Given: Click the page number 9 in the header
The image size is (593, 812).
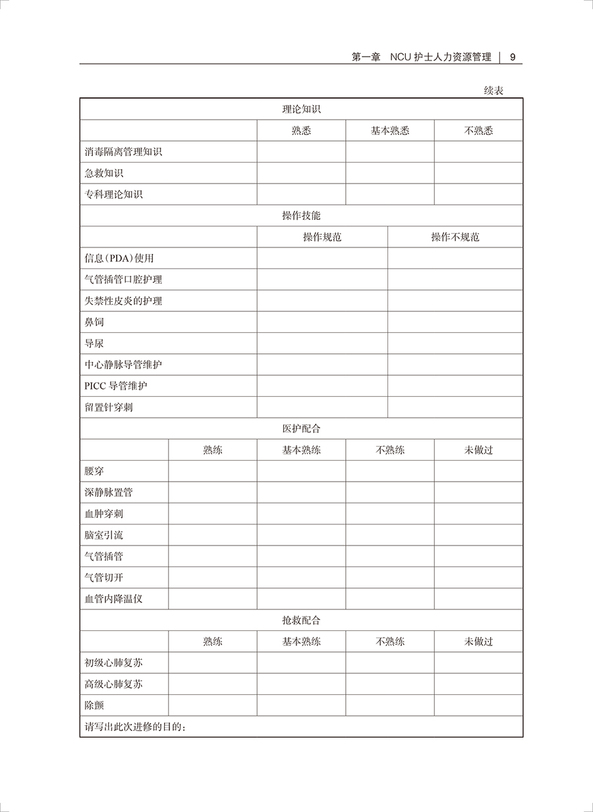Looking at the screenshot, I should [x=513, y=57].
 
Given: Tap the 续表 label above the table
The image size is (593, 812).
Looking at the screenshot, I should [x=494, y=91].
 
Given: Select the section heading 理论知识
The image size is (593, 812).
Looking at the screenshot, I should [x=301, y=109].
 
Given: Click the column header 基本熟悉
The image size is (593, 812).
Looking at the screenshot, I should [x=390, y=130].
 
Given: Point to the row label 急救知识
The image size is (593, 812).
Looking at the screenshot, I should [x=104, y=173].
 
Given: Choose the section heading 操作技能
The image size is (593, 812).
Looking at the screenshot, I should [x=301, y=216].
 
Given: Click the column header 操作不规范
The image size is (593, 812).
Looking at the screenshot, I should [x=455, y=237].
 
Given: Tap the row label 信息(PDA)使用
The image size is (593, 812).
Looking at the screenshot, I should [x=119, y=259].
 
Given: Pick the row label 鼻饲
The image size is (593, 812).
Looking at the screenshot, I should [x=94, y=322].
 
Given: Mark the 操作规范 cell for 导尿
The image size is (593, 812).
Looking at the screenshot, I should [x=322, y=343].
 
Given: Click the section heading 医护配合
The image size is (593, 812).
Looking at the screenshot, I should [x=301, y=429].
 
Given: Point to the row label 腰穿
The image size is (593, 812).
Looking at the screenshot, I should [x=94, y=471].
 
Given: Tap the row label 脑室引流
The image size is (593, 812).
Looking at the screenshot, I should [x=104, y=535].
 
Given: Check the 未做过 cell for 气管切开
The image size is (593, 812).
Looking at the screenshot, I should [x=478, y=578].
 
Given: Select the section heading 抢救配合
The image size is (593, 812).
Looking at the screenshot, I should [x=301, y=621].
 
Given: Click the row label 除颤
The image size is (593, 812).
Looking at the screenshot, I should [x=94, y=705].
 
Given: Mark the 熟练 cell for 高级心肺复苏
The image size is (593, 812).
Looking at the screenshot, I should [x=213, y=684].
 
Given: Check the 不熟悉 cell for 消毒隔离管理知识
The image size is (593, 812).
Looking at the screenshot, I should [x=478, y=152].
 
